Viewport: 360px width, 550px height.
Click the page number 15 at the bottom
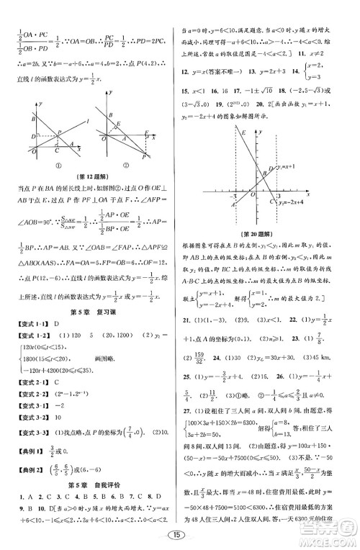[179, 536]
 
